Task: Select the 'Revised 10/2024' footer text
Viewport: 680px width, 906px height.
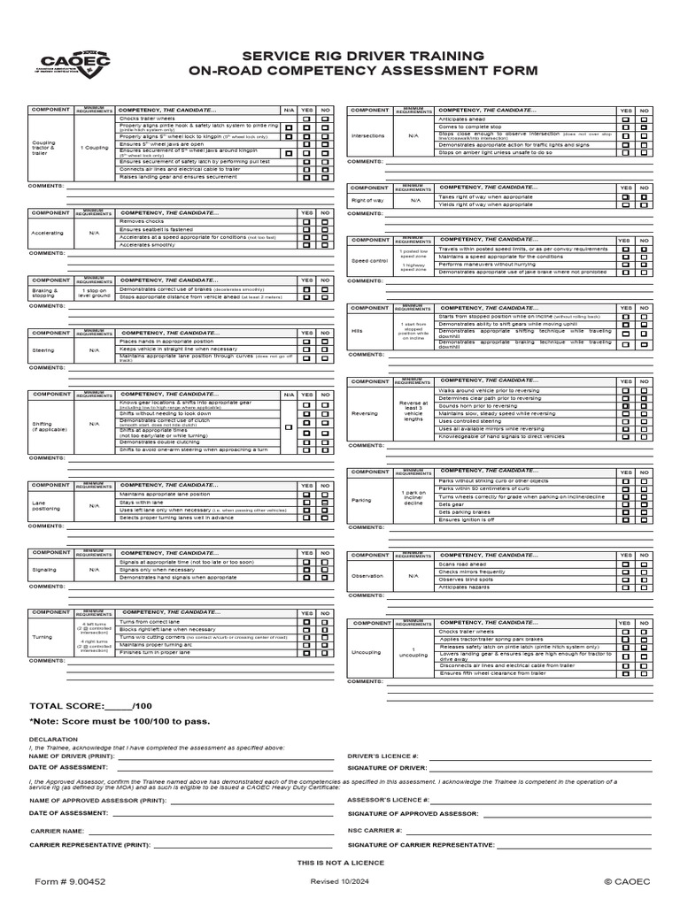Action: pos(341,882)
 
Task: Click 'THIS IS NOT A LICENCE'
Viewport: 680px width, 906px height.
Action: pos(341,861)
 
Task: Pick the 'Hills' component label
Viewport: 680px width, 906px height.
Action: pos(357,330)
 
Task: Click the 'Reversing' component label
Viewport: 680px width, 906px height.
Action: pos(364,413)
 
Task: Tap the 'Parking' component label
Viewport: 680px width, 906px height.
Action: pos(362,499)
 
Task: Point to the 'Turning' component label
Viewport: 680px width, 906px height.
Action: pos(42,637)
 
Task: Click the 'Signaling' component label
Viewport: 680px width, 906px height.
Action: pos(44,570)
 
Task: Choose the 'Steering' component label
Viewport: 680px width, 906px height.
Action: pos(43,349)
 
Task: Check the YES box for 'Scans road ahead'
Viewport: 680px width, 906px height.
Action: pos(625,564)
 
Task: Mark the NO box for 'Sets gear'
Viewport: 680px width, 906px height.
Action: pos(646,505)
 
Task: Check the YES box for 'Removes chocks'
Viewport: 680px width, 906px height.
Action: pos(306,222)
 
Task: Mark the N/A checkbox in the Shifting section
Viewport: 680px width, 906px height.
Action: pos(288,427)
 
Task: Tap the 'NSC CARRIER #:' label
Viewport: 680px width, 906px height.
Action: pos(376,831)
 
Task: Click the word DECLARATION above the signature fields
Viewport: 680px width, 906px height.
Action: pos(47,738)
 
